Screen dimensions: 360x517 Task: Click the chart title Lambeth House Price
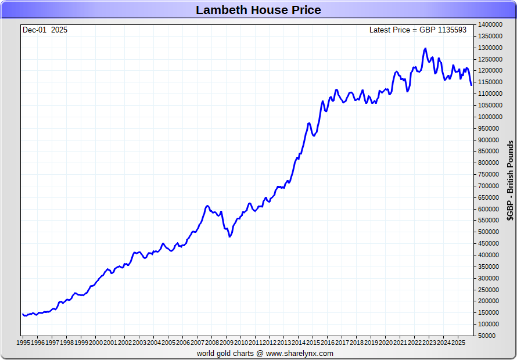[258, 10]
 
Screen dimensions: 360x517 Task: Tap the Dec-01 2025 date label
[45, 30]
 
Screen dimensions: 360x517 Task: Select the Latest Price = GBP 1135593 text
[418, 30]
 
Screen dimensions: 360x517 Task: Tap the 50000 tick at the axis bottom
[487, 336]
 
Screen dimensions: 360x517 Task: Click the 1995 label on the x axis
[24, 343]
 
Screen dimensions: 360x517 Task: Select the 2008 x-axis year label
[211, 343]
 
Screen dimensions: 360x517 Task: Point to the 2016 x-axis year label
[327, 343]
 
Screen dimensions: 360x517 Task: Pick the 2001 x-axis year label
[110, 343]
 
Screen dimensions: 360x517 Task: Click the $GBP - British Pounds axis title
[510, 181]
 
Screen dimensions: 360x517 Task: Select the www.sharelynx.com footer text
[300, 353]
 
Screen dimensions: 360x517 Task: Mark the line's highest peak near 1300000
[425, 48]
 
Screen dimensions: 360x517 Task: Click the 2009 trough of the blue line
[229, 236]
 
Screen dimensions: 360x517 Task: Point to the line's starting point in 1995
[23, 314]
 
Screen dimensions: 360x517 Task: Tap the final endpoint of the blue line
[471, 85]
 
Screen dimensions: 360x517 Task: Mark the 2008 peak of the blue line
[207, 206]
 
